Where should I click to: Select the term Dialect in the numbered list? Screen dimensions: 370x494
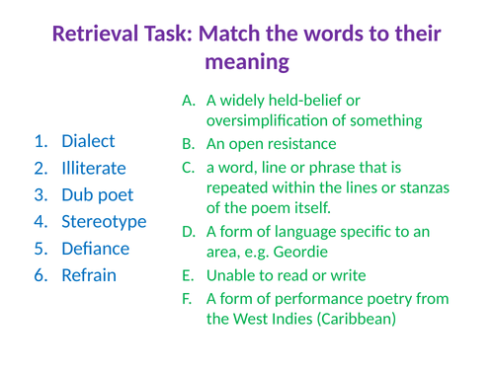tap(88, 141)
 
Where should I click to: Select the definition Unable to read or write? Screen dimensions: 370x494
tap(287, 275)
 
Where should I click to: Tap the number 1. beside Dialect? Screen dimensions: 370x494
tap(41, 141)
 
